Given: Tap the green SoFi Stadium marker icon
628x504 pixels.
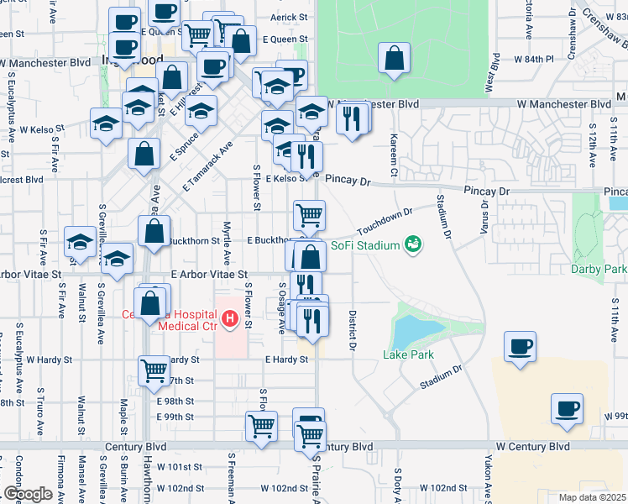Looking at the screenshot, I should (412, 244).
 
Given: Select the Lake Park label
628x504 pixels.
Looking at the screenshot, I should (408, 354).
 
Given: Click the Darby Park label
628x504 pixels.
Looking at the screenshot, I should (598, 270).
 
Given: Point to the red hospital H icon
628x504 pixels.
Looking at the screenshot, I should (231, 319).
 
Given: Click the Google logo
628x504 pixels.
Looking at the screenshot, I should (28, 494).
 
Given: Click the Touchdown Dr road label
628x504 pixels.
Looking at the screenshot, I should (385, 223).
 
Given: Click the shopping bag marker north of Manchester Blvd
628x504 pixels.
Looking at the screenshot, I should (394, 60).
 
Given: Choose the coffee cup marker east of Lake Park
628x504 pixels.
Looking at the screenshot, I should (521, 346).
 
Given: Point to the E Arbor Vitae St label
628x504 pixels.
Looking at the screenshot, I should (209, 274).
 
